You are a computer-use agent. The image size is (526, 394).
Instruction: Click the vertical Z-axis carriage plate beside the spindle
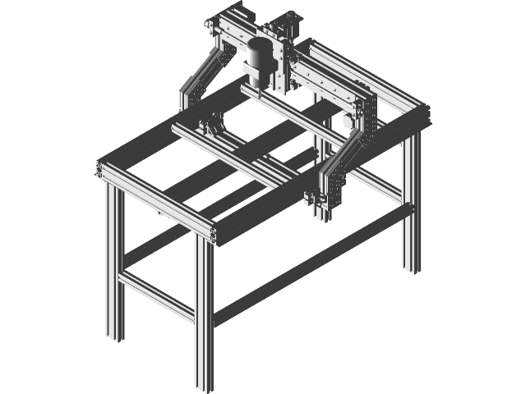pos(284,70)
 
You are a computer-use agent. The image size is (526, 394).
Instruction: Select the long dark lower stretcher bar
pos(312,263)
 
